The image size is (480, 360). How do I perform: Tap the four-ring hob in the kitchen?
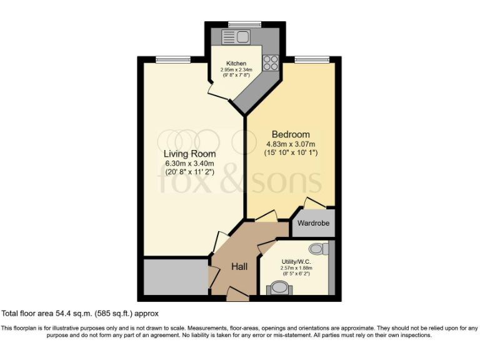pos(271,62)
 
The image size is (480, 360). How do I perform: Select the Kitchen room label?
pos(236,64)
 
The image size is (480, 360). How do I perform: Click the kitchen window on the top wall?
pos(240,24)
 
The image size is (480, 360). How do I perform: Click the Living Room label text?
pos(189,154)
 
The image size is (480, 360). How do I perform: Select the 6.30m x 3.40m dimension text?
pos(189,164)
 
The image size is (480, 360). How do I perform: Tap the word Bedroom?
pos(291,134)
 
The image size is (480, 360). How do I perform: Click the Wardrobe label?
pos(313,223)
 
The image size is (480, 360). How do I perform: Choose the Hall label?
pos(239,266)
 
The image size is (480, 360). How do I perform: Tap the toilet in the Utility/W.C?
pos(318,249)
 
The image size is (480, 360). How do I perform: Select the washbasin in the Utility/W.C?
pos(279,289)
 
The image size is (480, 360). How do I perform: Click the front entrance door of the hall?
pos(237,294)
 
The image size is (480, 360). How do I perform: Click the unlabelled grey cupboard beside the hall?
pos(175,276)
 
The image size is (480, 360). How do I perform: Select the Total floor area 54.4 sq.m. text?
pos(81,313)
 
